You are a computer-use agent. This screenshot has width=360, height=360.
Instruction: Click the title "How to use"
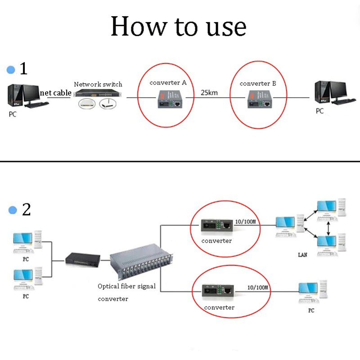click(x=178, y=27)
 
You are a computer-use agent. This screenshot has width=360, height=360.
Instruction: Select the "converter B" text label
click(x=258, y=84)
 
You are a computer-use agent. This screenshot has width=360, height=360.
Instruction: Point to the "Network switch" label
click(x=98, y=84)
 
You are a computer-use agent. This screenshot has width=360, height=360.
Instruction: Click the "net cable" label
click(x=56, y=93)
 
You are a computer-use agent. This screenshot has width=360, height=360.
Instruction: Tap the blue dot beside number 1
click(x=11, y=70)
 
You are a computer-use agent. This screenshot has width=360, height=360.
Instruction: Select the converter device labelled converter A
click(x=169, y=99)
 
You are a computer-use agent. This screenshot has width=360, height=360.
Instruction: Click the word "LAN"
click(x=303, y=255)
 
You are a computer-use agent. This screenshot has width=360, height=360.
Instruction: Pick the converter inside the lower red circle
click(x=217, y=292)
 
